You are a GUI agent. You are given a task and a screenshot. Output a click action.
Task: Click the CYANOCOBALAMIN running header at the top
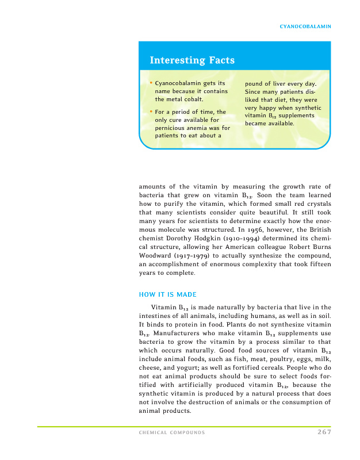pyautogui.click(x=305, y=26)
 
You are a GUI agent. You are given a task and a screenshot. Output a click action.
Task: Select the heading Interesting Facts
pyautogui.click(x=192, y=60)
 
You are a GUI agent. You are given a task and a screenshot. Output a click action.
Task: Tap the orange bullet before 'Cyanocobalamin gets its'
pyautogui.click(x=151, y=84)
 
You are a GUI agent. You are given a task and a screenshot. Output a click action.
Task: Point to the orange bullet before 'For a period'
pyautogui.click(x=151, y=111)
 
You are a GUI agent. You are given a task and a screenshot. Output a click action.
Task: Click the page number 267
pyautogui.click(x=324, y=432)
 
